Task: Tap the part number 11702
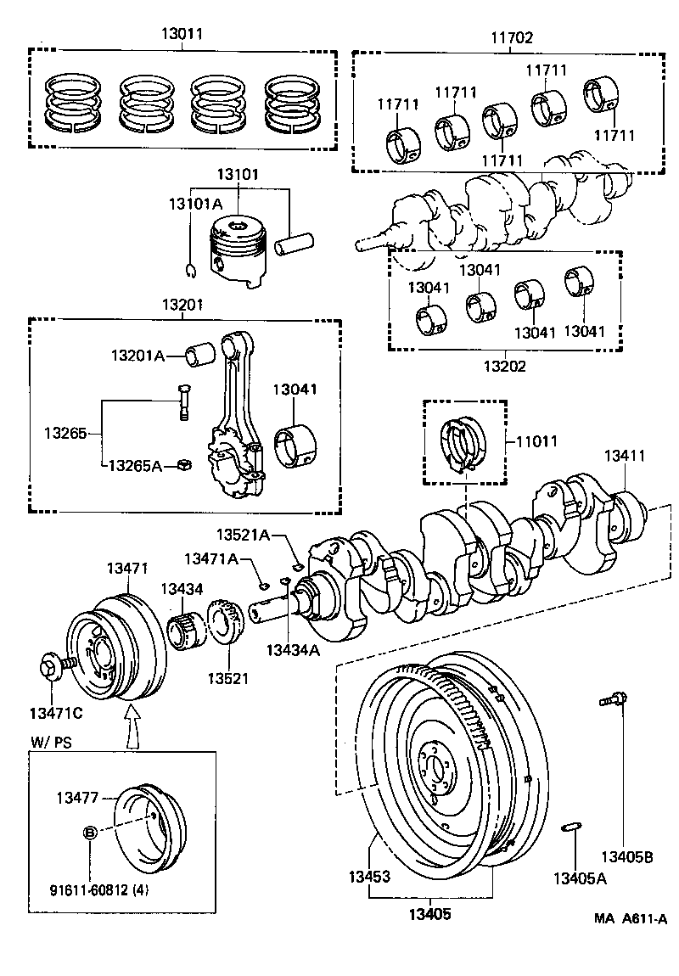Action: click(x=510, y=37)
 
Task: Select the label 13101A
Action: click(x=195, y=204)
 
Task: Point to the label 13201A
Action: click(x=137, y=356)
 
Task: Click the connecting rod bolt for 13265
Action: click(x=183, y=401)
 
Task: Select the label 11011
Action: click(x=538, y=441)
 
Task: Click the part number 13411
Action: click(x=625, y=456)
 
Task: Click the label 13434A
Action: click(x=293, y=650)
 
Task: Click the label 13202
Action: click(x=505, y=367)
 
